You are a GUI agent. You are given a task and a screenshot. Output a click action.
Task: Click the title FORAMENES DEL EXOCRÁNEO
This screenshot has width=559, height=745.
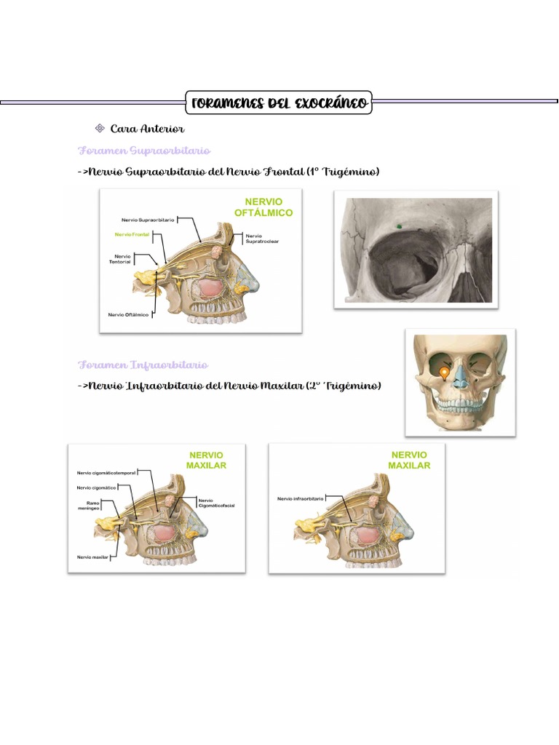click(279, 103)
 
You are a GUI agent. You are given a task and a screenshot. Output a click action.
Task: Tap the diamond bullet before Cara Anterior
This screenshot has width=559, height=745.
click(100, 129)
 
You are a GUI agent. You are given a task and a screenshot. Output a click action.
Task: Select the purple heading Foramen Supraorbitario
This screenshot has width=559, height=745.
click(144, 151)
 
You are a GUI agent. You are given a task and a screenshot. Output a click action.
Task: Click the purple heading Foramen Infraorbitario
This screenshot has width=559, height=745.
click(143, 364)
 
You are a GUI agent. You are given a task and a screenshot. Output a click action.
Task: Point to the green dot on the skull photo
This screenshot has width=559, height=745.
click(398, 227)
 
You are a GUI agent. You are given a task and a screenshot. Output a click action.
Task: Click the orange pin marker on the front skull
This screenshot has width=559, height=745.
click(444, 373)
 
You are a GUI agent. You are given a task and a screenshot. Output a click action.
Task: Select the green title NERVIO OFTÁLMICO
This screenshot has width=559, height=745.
click(263, 207)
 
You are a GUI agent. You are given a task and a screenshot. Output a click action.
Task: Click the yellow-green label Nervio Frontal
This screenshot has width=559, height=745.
click(132, 235)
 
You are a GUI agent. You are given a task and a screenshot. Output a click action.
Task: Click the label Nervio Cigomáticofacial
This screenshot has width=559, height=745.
click(216, 503)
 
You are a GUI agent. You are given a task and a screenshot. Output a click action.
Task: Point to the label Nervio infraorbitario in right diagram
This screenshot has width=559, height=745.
click(299, 499)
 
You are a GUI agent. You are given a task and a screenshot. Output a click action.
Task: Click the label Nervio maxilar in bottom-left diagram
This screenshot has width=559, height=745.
click(92, 557)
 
